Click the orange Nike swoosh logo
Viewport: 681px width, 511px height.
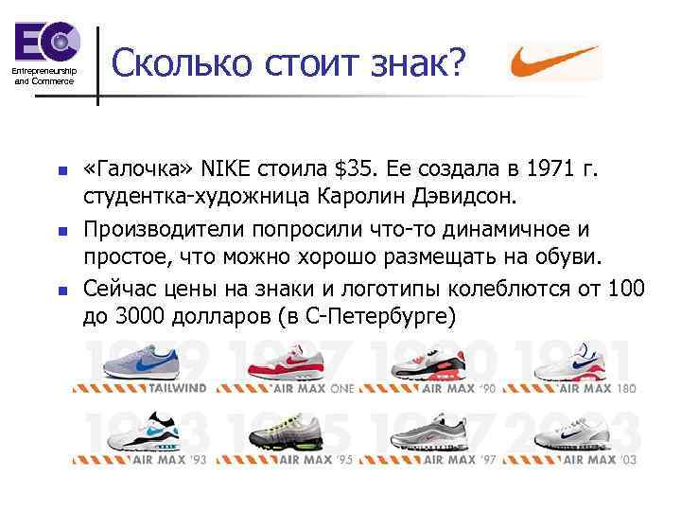pyautogui.click(x=554, y=62)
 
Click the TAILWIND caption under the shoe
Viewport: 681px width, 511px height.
pyautogui.click(x=170, y=387)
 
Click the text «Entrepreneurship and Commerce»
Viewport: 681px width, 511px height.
pyautogui.click(x=44, y=77)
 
